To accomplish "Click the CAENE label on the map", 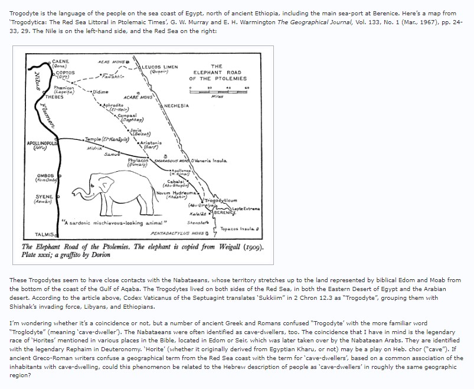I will (61, 61).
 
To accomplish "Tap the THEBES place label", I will (55, 96).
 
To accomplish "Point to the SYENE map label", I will (44, 195).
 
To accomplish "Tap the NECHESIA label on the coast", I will (177, 105).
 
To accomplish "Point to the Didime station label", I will (100, 93).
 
